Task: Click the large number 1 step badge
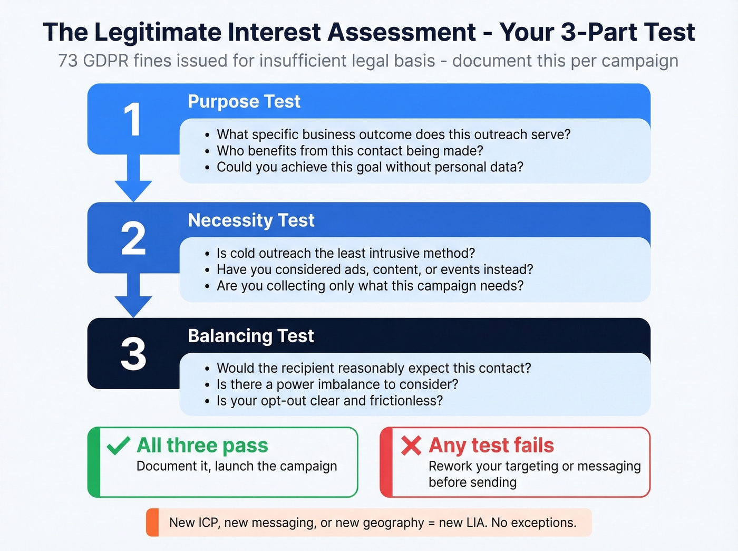coord(132,120)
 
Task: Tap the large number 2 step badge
coord(133,239)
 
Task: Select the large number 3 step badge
coord(133,354)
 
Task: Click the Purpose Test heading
coord(244,101)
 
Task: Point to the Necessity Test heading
coord(251,220)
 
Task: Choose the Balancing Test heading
coord(251,336)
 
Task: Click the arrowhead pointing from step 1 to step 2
coord(133,190)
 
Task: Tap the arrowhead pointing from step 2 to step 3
coord(133,306)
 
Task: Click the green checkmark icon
coord(118,446)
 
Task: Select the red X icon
coord(411,446)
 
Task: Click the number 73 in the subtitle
coord(67,61)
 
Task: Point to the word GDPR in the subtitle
coord(106,61)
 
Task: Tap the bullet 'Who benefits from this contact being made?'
coord(349,151)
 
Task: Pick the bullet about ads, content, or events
coord(374,269)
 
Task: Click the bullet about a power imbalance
coord(337,384)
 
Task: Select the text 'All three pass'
coord(202,446)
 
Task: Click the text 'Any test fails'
coord(491,446)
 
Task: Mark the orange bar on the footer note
coord(152,523)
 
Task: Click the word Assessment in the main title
coord(402,32)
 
